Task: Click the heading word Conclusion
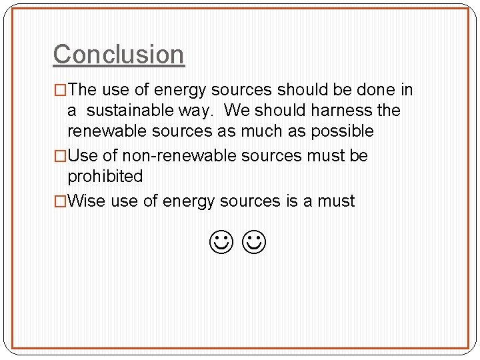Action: pos(119,54)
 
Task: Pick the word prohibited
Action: pos(105,177)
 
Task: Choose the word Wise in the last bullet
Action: pos(87,201)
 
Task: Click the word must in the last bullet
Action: pos(336,201)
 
